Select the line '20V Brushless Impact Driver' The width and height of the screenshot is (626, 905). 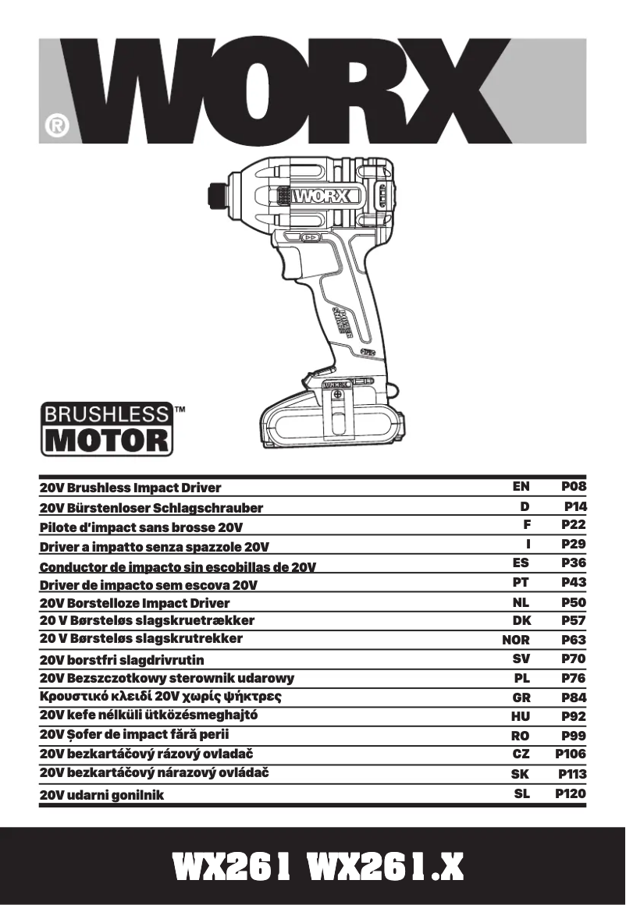click(130, 488)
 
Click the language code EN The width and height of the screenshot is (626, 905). click(521, 486)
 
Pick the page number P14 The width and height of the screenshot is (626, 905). click(574, 506)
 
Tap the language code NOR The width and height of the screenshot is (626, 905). click(515, 640)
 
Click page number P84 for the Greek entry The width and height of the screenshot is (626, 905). click(574, 697)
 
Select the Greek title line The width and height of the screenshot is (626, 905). click(160, 695)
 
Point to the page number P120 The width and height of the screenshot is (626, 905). click(571, 793)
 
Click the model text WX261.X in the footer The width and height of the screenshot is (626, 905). click(386, 867)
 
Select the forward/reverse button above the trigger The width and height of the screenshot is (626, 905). click(310, 236)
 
